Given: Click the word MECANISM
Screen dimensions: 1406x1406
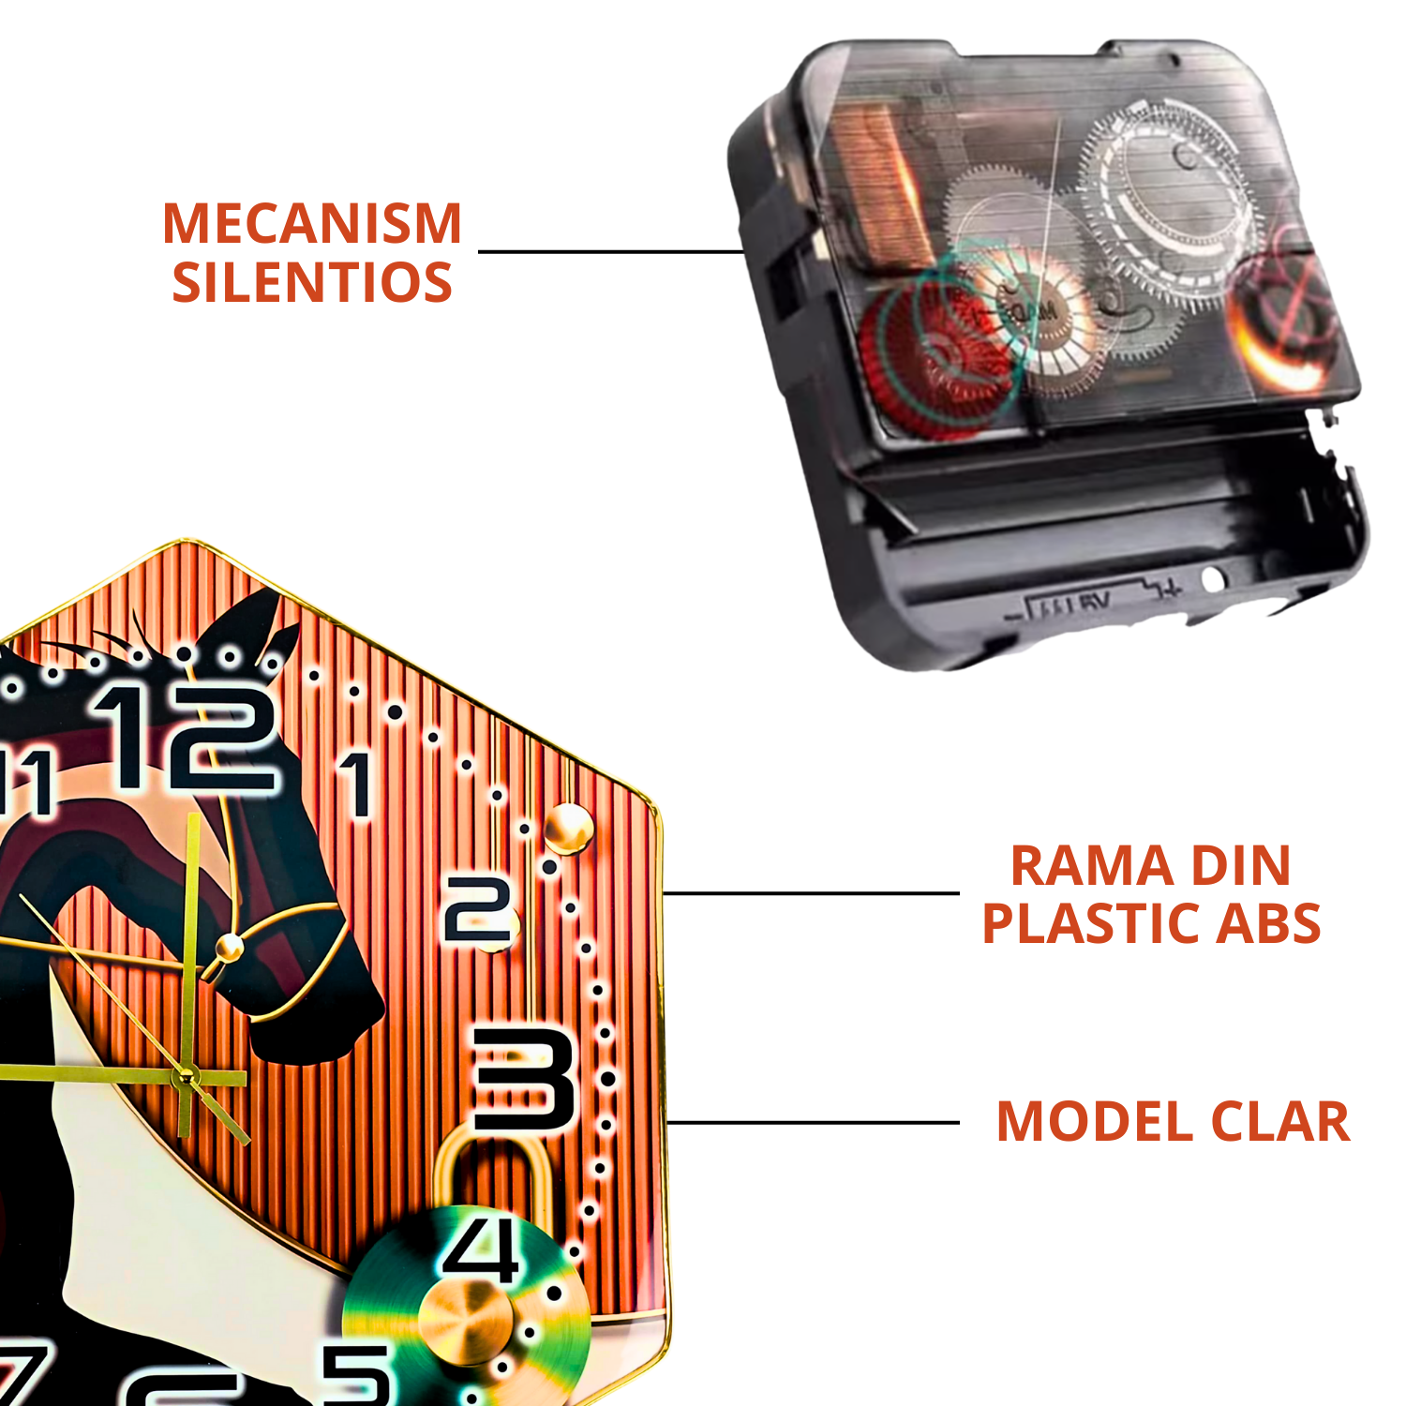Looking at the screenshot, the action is coord(312,224).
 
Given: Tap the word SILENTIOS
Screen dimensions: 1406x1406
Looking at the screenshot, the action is coord(312,283).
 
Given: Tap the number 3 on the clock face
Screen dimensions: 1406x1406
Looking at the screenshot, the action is coord(523,1079).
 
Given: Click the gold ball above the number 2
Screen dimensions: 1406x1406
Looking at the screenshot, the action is coord(568,829).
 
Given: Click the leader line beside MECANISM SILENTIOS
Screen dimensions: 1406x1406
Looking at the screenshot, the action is coord(609,251).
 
